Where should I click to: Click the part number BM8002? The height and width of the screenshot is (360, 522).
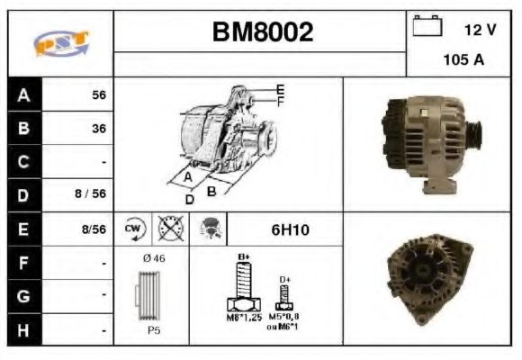[x=262, y=32]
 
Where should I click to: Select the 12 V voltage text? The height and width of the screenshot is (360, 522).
[x=480, y=30]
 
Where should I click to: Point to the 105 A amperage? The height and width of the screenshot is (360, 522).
[x=463, y=60]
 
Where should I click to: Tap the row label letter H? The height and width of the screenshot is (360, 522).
[x=23, y=329]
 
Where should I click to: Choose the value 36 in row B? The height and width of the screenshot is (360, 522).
[x=99, y=129]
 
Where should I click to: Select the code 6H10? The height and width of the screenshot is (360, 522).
[x=291, y=229]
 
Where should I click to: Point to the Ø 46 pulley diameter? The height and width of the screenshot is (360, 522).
[x=153, y=258]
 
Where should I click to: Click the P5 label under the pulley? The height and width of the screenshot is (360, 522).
[x=154, y=330]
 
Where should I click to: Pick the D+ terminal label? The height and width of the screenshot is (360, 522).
[x=285, y=280]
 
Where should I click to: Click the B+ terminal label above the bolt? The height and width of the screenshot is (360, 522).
[x=243, y=257]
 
